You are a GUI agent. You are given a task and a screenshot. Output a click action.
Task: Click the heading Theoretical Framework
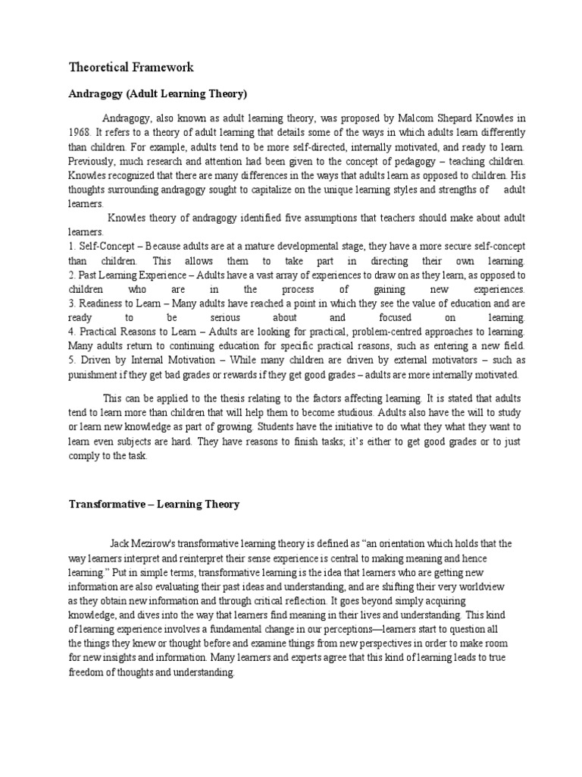coord(131,68)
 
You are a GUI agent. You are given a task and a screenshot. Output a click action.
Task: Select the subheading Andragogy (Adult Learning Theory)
coord(158,94)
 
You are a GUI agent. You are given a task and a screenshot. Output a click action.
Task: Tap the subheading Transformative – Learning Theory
coord(154,505)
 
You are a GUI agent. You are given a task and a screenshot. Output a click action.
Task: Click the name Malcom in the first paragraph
coord(419,118)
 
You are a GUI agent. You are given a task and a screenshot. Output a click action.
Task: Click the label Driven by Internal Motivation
coord(135,360)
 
